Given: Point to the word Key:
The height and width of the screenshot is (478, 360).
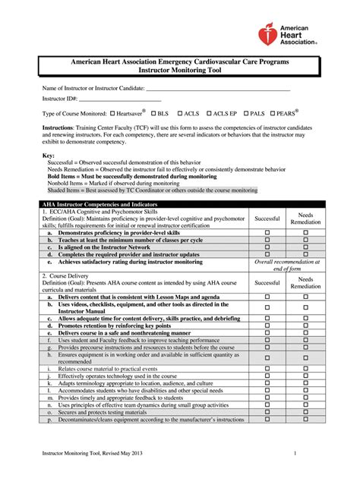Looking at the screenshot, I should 49,156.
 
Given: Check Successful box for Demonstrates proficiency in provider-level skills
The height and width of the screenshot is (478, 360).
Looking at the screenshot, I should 267,232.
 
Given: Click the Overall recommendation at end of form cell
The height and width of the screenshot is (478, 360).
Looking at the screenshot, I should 287,265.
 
